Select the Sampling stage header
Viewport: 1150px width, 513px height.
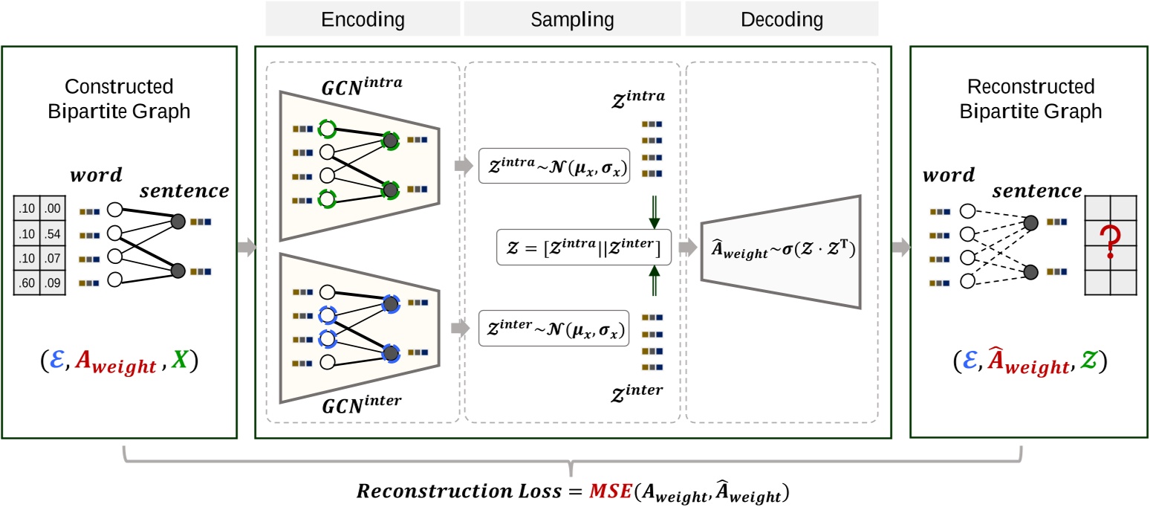pyautogui.click(x=572, y=19)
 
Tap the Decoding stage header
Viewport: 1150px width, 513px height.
pyautogui.click(x=781, y=19)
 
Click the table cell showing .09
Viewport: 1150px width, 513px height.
pyautogui.click(x=51, y=283)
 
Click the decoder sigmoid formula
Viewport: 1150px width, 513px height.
pyautogui.click(x=780, y=253)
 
